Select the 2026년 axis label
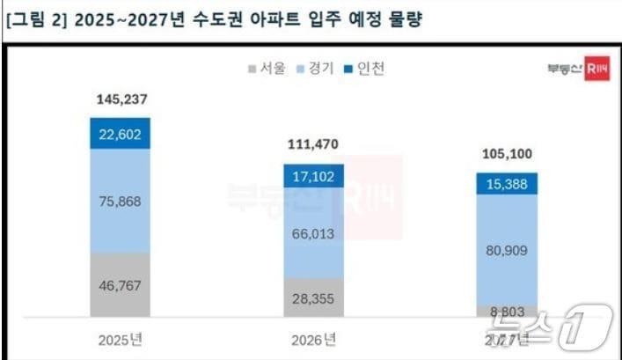311,339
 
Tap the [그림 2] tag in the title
33,19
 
